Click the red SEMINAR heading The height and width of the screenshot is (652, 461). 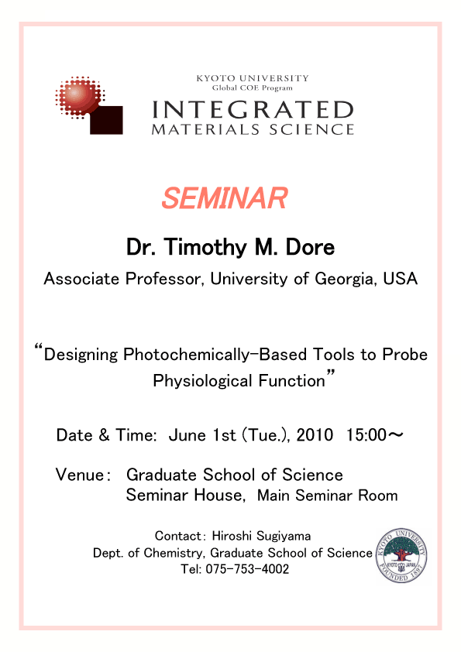click(224, 198)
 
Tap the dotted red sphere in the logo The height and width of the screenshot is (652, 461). click(79, 97)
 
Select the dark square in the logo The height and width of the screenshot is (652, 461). click(106, 120)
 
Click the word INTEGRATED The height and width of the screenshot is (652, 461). click(253, 110)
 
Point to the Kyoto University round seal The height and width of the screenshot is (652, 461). click(401, 555)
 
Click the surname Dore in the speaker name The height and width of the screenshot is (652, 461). click(310, 248)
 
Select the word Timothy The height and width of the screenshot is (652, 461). click(205, 249)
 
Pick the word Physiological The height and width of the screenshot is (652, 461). click(203, 381)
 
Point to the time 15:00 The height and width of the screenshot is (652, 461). click(366, 435)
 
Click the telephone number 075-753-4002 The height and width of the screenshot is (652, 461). click(247, 569)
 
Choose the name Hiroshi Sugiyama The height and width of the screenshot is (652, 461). click(261, 537)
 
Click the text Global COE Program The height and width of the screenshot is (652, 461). click(252, 88)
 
